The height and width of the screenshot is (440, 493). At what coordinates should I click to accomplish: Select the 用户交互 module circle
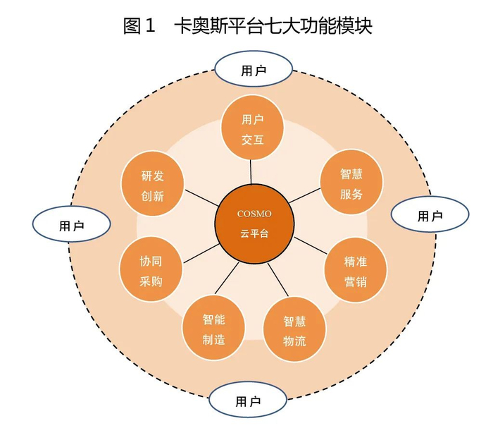coord(252,130)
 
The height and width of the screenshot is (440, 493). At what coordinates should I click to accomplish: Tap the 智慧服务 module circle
coord(351,183)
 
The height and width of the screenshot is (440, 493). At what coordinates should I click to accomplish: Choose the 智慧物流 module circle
coord(294,331)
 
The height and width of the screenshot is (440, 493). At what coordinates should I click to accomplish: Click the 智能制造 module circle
coord(213,329)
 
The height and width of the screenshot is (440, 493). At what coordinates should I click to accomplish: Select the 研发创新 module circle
coord(152,185)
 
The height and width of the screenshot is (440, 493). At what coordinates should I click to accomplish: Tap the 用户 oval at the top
coord(254,70)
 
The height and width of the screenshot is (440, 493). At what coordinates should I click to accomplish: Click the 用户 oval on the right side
coord(429,215)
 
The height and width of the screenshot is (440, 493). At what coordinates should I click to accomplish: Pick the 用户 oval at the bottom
coord(248,401)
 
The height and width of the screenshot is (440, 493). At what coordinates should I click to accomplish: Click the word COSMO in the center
coord(254,214)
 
